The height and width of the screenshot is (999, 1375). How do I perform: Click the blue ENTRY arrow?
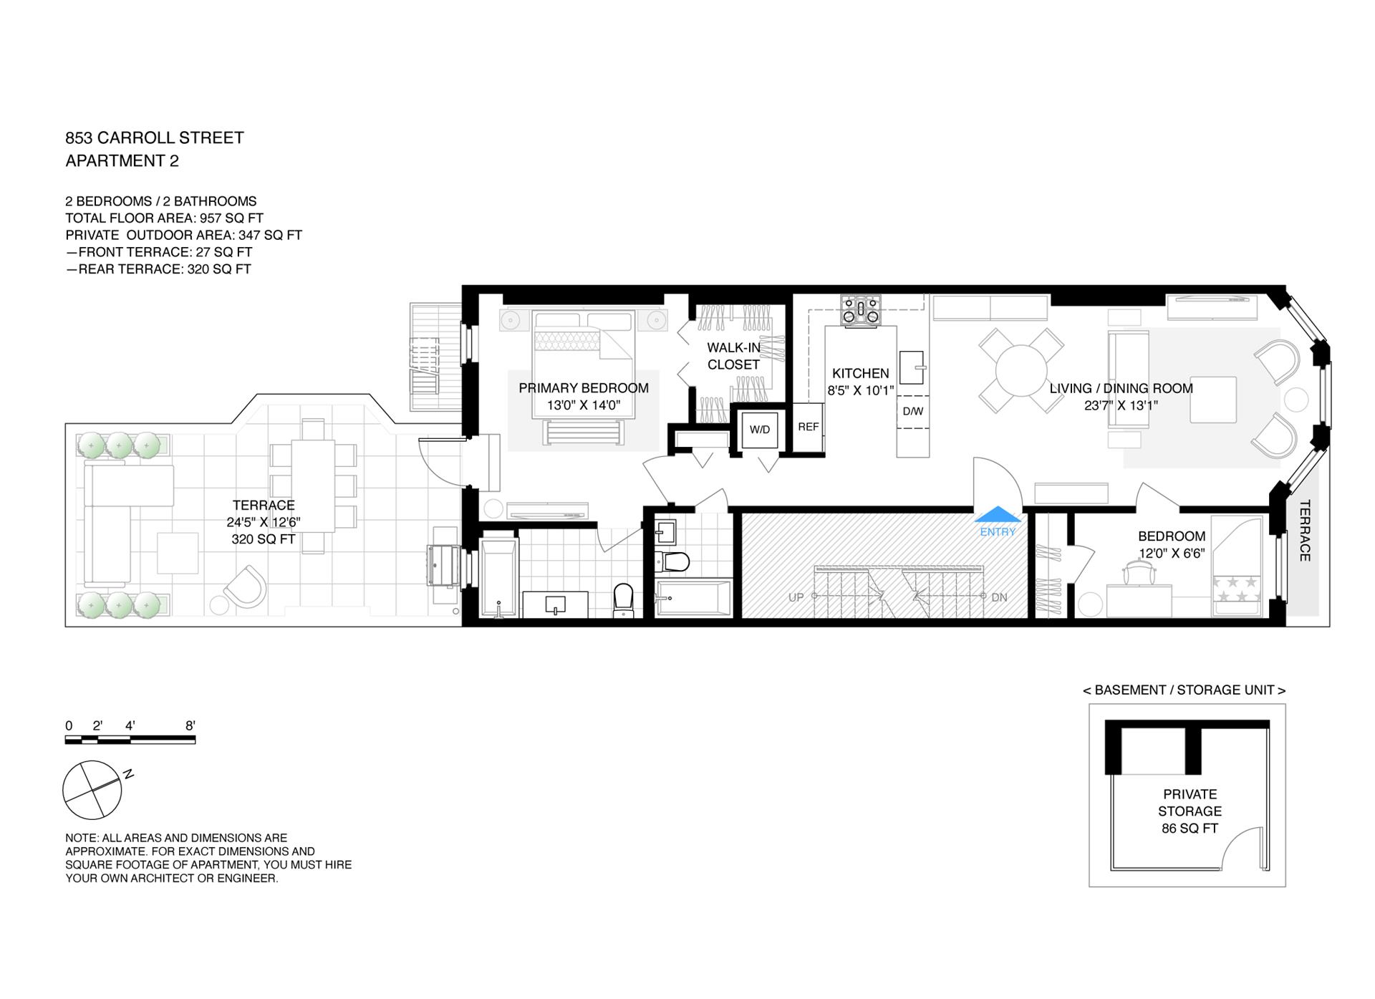(998, 514)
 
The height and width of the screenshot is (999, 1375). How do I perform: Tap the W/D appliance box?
(759, 430)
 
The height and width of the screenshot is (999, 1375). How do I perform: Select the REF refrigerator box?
(808, 428)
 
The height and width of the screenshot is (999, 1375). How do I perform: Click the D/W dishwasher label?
(913, 411)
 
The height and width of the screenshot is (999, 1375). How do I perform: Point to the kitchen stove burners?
(862, 310)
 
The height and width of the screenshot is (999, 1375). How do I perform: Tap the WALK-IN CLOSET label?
(733, 356)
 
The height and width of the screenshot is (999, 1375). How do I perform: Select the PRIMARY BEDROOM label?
(584, 388)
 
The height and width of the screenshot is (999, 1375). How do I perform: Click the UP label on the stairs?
(796, 597)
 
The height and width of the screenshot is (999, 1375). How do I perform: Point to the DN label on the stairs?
(999, 597)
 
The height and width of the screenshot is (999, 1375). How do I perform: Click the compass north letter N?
(128, 774)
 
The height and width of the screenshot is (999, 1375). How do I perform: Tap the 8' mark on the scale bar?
(190, 725)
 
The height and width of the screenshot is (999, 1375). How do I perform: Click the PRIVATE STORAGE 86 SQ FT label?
(1190, 811)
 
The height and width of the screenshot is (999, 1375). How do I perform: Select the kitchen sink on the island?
(912, 368)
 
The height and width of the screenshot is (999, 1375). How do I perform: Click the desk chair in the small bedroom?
(1140, 573)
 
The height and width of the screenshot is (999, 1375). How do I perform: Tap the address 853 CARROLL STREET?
(155, 137)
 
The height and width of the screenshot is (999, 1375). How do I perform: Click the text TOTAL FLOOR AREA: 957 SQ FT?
(164, 218)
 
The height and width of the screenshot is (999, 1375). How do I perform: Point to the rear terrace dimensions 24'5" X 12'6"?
(264, 522)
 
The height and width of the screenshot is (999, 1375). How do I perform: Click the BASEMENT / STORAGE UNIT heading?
(1185, 690)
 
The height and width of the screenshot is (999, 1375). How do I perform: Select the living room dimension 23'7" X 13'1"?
(1121, 405)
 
